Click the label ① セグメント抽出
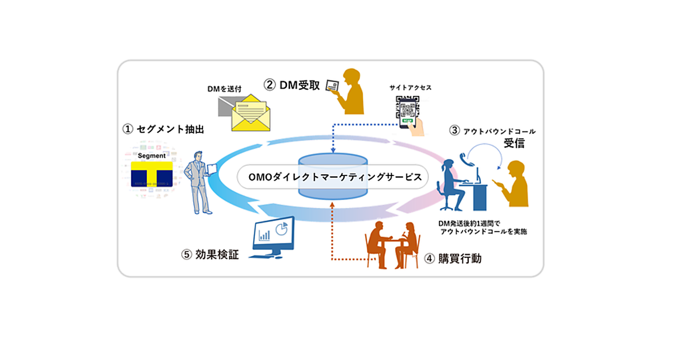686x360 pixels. click(163, 129)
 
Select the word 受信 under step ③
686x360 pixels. click(514, 143)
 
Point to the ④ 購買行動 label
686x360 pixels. click(453, 259)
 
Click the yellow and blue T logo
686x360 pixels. click(152, 174)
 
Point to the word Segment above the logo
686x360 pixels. click(151, 155)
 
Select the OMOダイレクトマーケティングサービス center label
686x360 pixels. click(334, 177)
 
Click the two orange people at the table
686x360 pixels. click(394, 243)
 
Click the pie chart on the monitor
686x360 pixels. click(281, 228)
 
